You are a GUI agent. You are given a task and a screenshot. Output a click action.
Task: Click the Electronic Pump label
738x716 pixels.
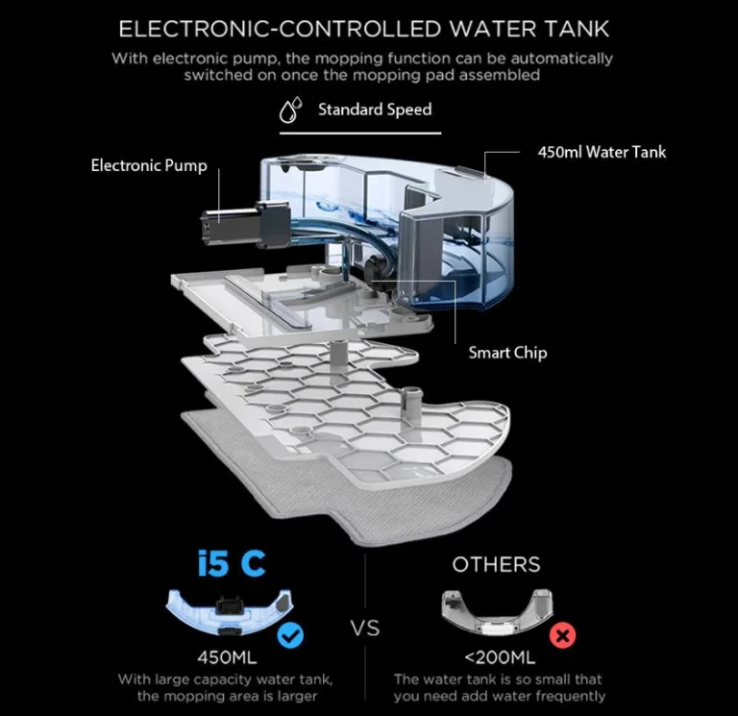click(149, 165)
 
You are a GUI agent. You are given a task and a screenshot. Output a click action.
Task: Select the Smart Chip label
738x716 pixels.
click(507, 353)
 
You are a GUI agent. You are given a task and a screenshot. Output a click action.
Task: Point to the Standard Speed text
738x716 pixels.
click(375, 110)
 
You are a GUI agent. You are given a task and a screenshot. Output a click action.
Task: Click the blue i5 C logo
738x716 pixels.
click(231, 564)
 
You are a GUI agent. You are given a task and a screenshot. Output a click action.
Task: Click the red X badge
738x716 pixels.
click(562, 636)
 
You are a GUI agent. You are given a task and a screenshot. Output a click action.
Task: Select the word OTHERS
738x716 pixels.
click(496, 564)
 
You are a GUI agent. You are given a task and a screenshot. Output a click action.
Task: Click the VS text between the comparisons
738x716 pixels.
click(366, 629)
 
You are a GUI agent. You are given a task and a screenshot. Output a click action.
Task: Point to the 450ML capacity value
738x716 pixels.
click(232, 658)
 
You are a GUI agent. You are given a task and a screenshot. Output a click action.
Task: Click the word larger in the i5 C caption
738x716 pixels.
click(296, 696)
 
